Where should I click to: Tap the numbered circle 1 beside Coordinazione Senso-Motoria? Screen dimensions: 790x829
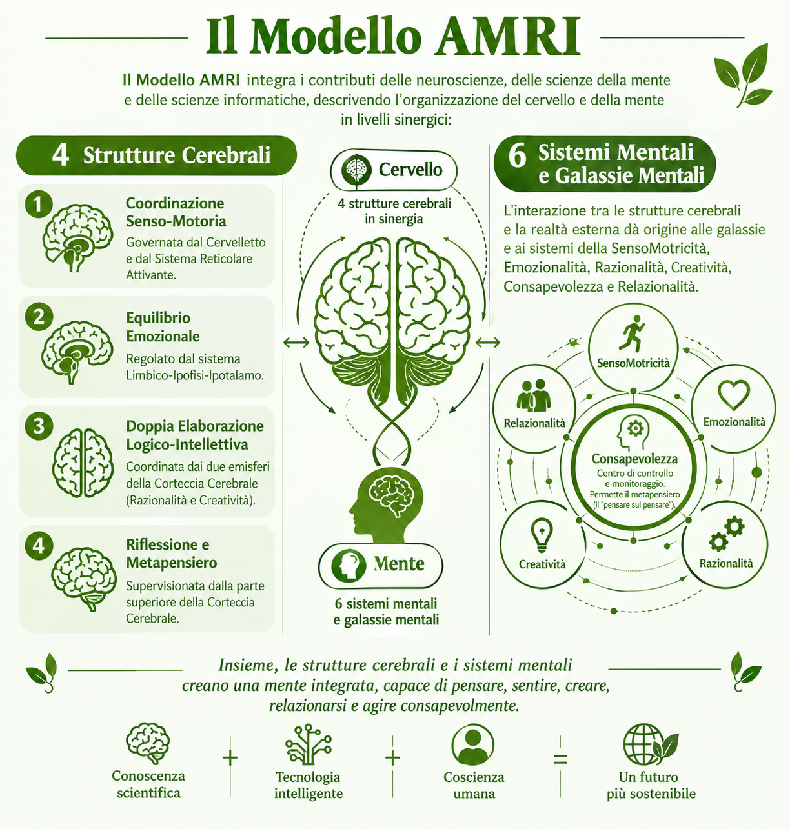click(x=39, y=205)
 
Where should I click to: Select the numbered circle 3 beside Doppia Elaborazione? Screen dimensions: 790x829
click(x=39, y=425)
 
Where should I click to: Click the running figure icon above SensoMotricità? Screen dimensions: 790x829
click(x=631, y=333)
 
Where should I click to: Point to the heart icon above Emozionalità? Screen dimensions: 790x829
click(x=734, y=395)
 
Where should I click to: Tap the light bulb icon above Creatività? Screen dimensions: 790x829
click(x=542, y=535)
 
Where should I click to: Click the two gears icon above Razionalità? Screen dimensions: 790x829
click(x=727, y=534)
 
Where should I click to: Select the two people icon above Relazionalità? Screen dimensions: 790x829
click(x=533, y=395)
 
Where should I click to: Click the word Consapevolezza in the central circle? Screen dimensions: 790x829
click(x=634, y=459)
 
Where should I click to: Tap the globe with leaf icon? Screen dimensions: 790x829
click(x=651, y=745)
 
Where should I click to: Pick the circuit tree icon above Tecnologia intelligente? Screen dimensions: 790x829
click(x=308, y=744)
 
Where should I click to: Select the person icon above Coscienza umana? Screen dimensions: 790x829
click(x=473, y=744)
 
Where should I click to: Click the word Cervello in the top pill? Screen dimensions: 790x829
click(x=410, y=170)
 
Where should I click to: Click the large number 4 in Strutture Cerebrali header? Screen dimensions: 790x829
click(x=61, y=155)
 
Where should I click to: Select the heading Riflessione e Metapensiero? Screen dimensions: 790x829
click(x=172, y=554)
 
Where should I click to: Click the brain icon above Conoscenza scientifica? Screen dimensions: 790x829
click(x=148, y=744)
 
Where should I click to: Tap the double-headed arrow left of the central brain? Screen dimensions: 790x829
click(x=296, y=343)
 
